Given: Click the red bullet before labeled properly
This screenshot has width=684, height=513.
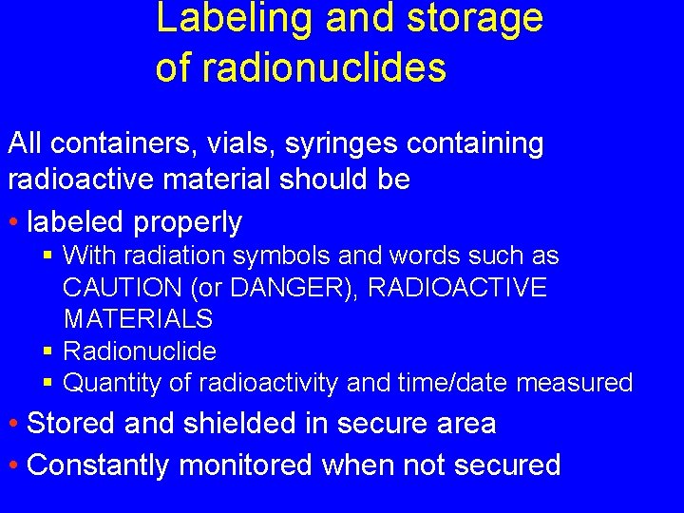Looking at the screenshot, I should pos(14,222).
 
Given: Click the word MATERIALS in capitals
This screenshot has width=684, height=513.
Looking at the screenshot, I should pos(138,318).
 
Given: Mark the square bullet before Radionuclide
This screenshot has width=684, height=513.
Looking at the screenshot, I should pos(48,351).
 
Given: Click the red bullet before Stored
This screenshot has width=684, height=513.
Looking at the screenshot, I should pos(14,424).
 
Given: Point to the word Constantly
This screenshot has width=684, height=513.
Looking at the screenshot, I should pos(99,465).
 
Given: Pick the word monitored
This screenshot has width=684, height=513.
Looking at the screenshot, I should pos(246,465).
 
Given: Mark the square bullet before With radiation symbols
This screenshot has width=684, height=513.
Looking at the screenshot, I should pos(48,256).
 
